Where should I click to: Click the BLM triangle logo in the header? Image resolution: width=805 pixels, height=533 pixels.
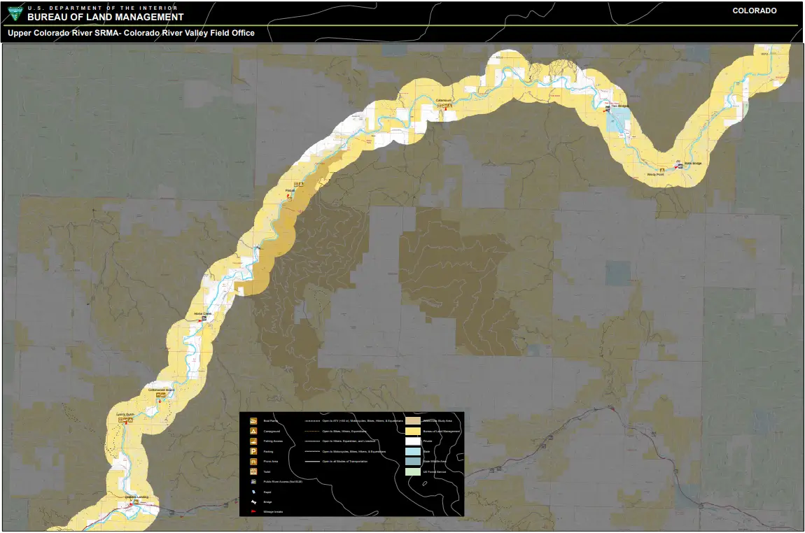pyautogui.click(x=14, y=13)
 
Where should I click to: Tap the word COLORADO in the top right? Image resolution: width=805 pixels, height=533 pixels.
pyautogui.click(x=755, y=11)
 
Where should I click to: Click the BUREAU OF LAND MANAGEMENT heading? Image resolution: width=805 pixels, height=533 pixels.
pyautogui.click(x=106, y=17)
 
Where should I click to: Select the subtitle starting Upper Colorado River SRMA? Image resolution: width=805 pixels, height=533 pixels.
pyautogui.click(x=131, y=33)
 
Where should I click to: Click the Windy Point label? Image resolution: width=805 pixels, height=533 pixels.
pyautogui.click(x=655, y=174)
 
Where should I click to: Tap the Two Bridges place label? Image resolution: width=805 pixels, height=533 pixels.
pyautogui.click(x=620, y=106)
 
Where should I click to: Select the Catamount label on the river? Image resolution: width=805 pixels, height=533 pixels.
pyautogui.click(x=444, y=100)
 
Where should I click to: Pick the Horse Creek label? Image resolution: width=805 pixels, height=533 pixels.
pyautogui.click(x=202, y=313)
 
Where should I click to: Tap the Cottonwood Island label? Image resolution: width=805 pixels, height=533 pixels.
pyautogui.click(x=160, y=390)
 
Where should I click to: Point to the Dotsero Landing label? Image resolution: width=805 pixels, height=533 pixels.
pyautogui.click(x=136, y=497)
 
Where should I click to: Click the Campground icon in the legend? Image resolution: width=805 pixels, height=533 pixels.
pyautogui.click(x=253, y=432)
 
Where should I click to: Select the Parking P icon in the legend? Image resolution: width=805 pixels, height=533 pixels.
pyautogui.click(x=253, y=452)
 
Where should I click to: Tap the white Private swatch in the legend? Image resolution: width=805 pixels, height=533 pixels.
pyautogui.click(x=412, y=441)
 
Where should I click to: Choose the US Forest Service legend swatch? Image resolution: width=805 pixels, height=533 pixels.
pyautogui.click(x=412, y=472)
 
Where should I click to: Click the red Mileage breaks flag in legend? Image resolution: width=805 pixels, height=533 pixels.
pyautogui.click(x=253, y=513)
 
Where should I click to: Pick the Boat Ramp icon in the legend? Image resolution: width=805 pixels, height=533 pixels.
pyautogui.click(x=253, y=421)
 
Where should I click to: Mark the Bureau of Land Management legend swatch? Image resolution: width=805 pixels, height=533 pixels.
pyautogui.click(x=412, y=432)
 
